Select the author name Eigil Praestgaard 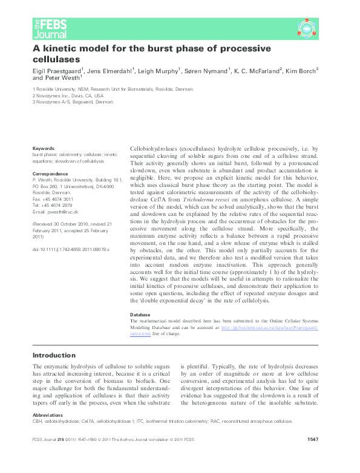57,71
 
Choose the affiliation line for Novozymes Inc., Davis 68,96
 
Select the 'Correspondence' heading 49,174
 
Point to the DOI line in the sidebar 71,249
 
